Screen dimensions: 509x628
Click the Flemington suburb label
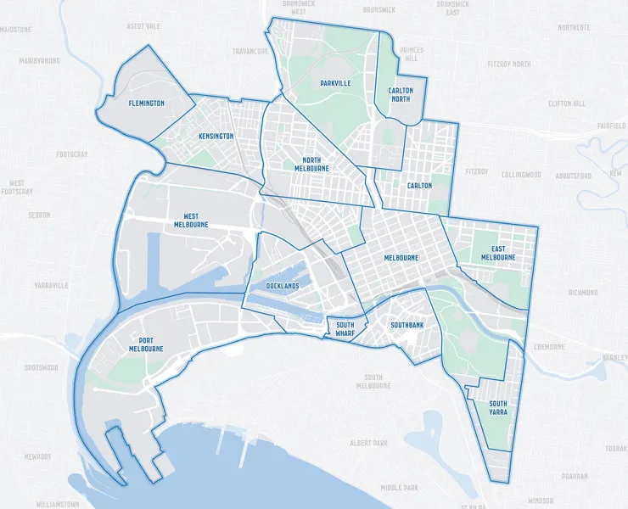147,103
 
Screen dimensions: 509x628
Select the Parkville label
335,83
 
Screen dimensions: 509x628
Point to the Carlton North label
401,94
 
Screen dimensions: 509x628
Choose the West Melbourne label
191,220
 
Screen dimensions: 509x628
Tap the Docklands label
283,286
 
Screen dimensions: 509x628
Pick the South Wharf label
345,328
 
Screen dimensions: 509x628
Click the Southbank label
407,325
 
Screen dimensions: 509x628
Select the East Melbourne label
498,253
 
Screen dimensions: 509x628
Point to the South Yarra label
498,408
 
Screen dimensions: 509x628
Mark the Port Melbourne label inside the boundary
146,344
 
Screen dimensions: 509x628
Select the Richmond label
583,293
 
